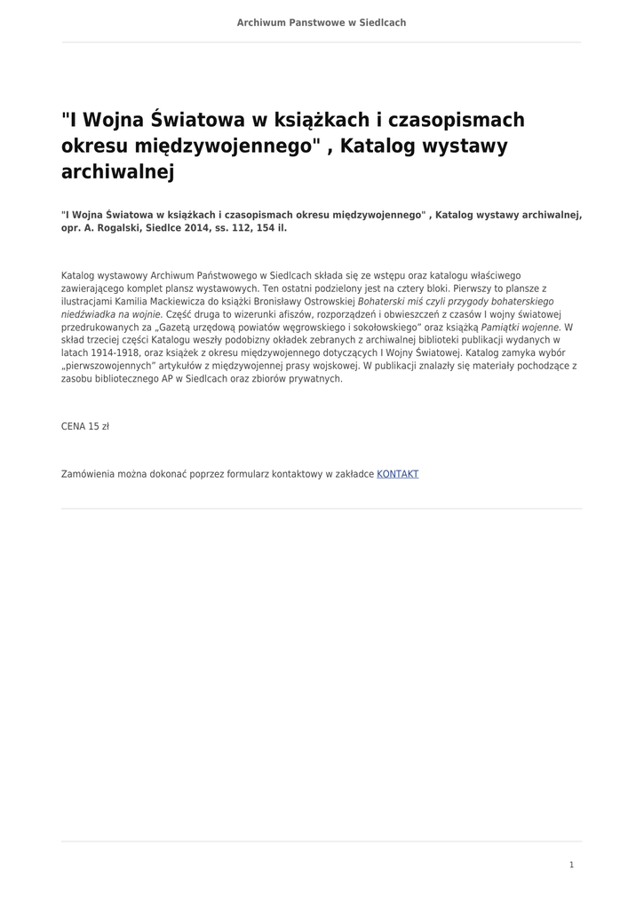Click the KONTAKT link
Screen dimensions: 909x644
coord(397,474)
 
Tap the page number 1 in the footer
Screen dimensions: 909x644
coord(571,865)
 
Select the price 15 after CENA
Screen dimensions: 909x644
coord(93,427)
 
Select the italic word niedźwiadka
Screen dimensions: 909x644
coord(88,314)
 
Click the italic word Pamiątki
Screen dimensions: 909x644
coord(501,327)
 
